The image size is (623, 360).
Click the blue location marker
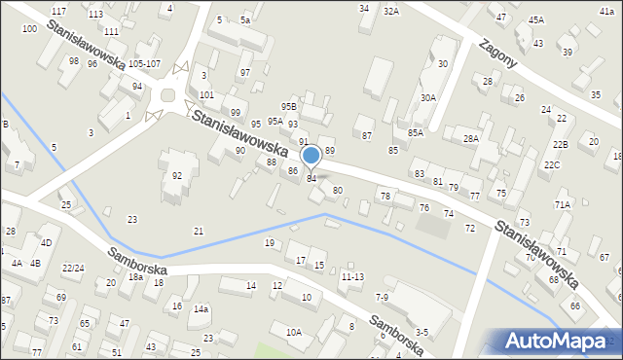pos(311,155)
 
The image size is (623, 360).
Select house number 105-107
pos(144,63)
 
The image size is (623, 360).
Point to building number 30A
pos(428,97)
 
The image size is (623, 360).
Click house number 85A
pos(416,132)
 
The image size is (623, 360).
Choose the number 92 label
pos(177,175)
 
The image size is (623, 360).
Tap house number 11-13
pos(352,276)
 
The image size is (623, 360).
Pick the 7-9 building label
pos(382,296)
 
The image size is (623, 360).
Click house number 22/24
pos(72,268)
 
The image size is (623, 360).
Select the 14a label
pos(201,308)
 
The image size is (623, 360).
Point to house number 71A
pos(562,204)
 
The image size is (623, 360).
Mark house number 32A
pos(390,11)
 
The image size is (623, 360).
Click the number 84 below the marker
pos(311,178)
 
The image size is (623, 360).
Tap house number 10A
pos(293,332)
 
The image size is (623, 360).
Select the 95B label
pos(288,106)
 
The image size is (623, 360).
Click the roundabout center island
pos(167,95)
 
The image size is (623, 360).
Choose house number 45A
pos(536,19)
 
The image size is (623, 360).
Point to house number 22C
pos(552,164)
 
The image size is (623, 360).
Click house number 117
pos(58,11)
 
